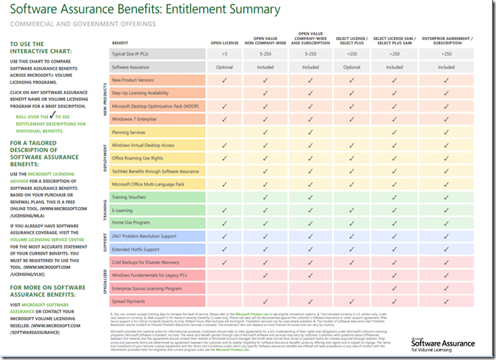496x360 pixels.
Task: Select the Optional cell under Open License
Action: (224, 67)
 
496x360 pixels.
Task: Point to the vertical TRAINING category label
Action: (103, 209)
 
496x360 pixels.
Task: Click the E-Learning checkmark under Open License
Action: (224, 209)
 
